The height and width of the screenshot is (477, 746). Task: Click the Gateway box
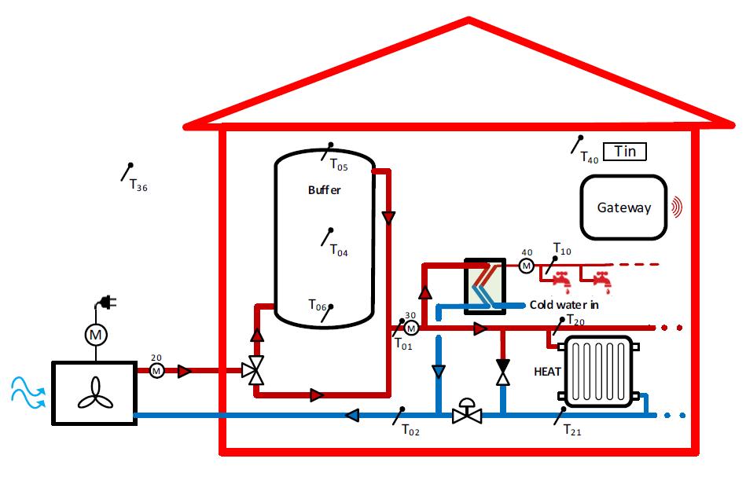623,207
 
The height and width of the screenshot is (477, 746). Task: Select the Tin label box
625,152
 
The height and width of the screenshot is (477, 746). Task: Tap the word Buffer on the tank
324,190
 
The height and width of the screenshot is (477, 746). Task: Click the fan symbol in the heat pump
96,393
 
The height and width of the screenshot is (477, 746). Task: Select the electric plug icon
107,303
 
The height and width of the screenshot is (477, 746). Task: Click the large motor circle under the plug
96,335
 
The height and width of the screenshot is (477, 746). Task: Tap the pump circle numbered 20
156,370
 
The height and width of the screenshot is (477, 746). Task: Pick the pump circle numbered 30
411,328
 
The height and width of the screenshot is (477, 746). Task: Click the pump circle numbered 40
526,266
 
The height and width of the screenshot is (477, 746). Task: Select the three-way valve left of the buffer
254,370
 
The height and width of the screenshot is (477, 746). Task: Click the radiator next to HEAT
598,372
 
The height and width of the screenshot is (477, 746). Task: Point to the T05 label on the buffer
339,165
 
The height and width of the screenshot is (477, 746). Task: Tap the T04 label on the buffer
339,250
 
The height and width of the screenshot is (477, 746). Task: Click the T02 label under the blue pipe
410,431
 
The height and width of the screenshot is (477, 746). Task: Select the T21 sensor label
572,431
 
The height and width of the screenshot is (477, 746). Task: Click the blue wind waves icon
28,393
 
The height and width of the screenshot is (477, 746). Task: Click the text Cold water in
564,305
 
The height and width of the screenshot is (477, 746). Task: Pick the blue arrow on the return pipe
352,415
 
